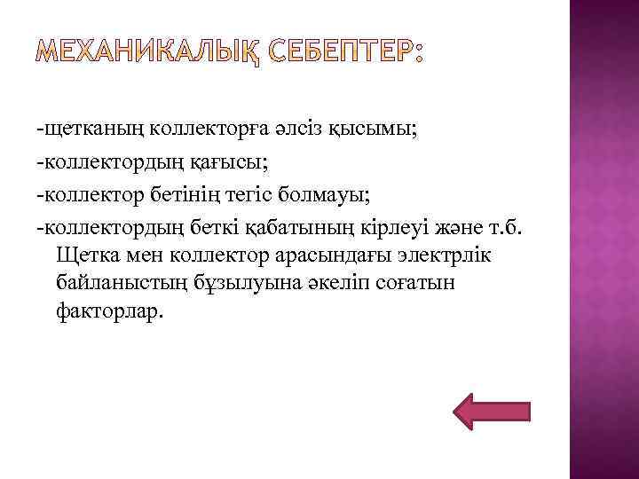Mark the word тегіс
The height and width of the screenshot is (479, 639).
(x=281, y=193)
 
